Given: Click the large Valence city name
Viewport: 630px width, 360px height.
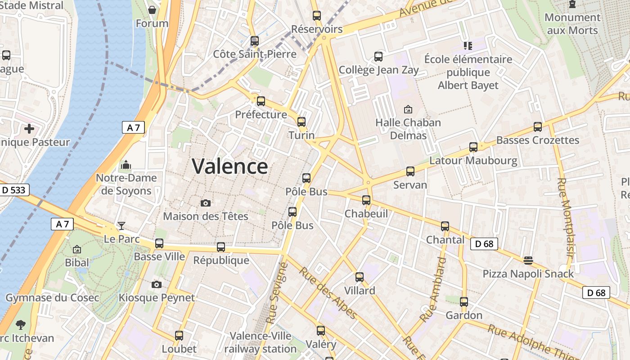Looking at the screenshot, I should coord(230,166).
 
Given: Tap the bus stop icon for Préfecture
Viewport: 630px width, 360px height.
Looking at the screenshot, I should coord(261,101).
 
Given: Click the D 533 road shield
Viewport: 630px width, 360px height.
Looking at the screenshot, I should coord(13,190).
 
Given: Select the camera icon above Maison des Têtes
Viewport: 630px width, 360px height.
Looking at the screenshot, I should coord(206,203).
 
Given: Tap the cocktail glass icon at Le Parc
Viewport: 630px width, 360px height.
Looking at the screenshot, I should coord(121,225).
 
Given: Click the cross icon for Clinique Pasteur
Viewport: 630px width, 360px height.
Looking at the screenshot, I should coord(29,129).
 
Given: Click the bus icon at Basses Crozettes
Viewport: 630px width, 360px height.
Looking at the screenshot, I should coord(538,127).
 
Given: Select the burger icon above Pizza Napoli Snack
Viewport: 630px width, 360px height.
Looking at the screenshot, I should coord(528,260).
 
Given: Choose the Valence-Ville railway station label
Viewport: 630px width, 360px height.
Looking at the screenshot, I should coord(261,342).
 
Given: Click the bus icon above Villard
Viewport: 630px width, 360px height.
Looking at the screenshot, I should coord(360,277).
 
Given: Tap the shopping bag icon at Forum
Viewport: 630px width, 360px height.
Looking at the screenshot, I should coord(152,10).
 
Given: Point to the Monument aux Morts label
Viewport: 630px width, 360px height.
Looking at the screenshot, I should coord(572,24).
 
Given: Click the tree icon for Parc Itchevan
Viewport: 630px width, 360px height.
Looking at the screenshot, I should coord(20,324).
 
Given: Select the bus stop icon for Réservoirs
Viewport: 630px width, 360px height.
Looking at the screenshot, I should coord(317,16).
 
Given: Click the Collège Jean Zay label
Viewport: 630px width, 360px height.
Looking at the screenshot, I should coord(378,70).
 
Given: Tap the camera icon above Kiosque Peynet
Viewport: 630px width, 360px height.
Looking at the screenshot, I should coord(157,284).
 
